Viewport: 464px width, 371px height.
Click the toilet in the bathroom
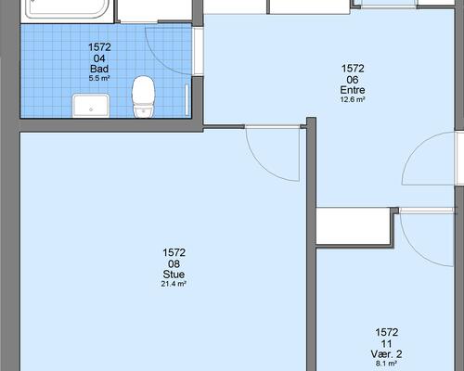143,96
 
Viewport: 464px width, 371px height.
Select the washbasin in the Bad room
91,106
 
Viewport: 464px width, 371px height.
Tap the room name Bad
99,69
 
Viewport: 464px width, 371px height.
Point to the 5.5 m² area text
99,78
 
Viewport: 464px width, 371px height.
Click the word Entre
353,90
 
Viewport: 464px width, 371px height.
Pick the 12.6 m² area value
353,99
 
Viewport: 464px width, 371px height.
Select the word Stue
174,275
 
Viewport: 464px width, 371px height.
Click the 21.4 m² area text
174,284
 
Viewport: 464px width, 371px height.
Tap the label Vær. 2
386,354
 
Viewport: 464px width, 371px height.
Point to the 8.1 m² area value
386,364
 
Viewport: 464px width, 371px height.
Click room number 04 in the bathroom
99,58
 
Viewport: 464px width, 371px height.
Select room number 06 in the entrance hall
353,80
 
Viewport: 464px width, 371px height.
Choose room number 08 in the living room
174,263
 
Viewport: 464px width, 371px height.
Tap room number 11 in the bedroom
386,343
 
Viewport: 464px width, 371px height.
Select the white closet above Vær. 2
354,226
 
